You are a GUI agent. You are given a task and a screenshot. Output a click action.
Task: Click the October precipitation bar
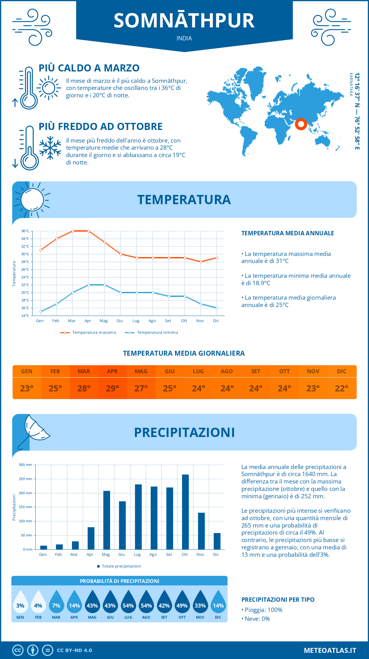[185, 512]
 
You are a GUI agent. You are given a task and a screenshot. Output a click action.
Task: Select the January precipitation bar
[44, 547]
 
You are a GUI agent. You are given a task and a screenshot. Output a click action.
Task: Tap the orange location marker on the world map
[301, 124]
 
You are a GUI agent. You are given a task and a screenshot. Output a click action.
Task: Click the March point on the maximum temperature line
[73, 231]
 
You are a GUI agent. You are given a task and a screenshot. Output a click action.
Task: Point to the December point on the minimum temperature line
[217, 308]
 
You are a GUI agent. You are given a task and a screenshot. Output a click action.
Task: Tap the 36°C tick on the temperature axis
[25, 231]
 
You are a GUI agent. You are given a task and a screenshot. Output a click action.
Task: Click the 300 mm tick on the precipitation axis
[26, 465]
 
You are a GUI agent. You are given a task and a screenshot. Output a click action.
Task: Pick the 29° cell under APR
[112, 388]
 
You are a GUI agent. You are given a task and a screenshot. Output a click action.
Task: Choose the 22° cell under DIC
[342, 388]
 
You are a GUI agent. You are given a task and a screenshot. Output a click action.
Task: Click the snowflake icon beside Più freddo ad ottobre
[50, 148]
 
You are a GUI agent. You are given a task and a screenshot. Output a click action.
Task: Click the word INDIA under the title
[184, 38]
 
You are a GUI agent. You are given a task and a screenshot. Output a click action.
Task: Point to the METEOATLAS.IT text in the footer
[330, 650]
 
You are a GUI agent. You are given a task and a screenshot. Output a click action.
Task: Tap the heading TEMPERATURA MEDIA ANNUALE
[288, 233]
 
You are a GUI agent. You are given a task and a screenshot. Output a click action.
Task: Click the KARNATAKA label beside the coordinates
[351, 84]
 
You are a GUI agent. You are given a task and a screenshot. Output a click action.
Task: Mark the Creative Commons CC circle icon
[18, 650]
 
